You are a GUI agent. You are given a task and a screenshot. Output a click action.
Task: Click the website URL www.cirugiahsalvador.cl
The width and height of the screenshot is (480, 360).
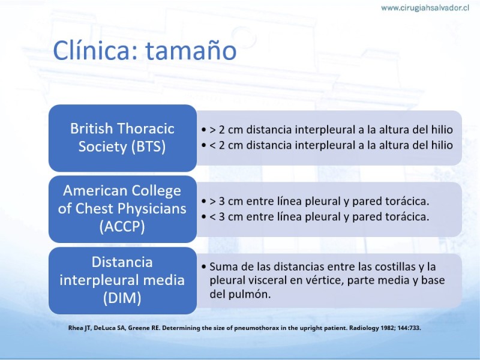(425, 8)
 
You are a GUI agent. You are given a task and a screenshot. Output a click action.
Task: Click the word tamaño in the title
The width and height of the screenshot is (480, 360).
(191, 50)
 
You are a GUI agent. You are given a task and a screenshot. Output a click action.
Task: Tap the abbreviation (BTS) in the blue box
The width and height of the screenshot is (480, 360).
(149, 146)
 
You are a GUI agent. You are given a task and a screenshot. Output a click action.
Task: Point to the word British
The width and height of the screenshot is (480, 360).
(92, 128)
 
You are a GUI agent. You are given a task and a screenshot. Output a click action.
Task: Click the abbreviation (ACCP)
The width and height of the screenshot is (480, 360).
(122, 227)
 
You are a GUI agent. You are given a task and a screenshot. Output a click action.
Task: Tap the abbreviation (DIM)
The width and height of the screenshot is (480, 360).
(122, 298)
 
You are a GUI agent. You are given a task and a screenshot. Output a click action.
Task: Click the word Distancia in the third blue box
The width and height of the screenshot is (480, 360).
(122, 262)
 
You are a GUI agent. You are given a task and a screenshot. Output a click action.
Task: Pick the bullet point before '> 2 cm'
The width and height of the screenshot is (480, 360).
(204, 130)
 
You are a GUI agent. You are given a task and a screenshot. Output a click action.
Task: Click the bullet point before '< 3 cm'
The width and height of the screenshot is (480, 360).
(204, 217)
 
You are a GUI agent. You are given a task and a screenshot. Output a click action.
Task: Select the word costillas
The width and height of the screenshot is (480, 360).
(392, 266)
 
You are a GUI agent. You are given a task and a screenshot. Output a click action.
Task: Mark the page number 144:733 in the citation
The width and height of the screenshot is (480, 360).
(409, 328)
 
